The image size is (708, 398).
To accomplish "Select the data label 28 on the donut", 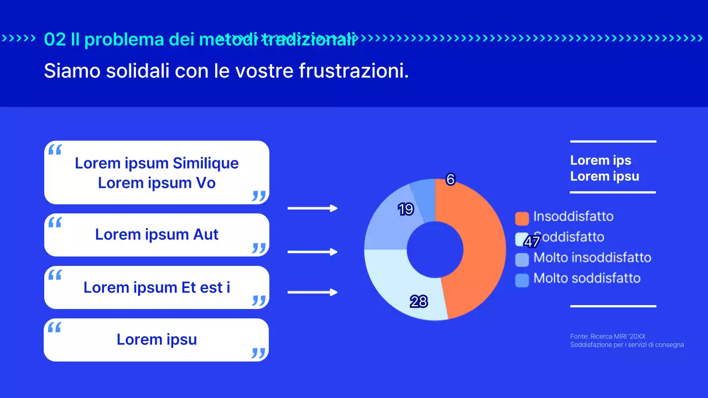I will (419, 301).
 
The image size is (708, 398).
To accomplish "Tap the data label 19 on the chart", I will (405, 209).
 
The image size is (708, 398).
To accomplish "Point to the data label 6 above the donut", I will (450, 179).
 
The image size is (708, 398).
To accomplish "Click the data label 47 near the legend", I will (532, 242).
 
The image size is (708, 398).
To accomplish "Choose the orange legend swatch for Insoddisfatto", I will (522, 218).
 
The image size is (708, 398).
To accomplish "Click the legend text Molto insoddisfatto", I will (592, 258).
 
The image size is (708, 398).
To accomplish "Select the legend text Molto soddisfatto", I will (587, 278).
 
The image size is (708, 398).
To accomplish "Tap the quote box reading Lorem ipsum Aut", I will (157, 235).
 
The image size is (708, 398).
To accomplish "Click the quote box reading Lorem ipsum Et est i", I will (157, 287).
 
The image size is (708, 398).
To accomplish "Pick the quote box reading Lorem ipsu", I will (157, 339).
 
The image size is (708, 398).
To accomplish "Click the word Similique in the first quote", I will (205, 163).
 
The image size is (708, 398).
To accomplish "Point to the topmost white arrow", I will (313, 208).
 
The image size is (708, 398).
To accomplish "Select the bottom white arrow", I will (313, 292).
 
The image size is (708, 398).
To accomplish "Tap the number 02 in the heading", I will (55, 39).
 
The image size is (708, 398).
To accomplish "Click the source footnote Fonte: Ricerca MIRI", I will (608, 336).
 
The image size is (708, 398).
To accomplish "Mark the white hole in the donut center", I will (435, 249).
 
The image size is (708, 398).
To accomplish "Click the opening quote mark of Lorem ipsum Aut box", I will (55, 223).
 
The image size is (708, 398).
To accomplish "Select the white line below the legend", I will (613, 306).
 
